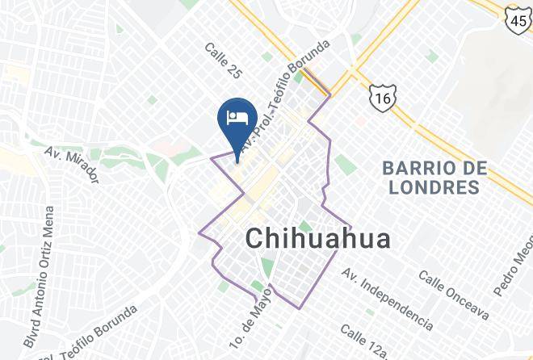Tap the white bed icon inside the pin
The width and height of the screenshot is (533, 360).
[237, 118]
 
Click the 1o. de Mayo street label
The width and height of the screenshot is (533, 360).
[257, 317]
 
